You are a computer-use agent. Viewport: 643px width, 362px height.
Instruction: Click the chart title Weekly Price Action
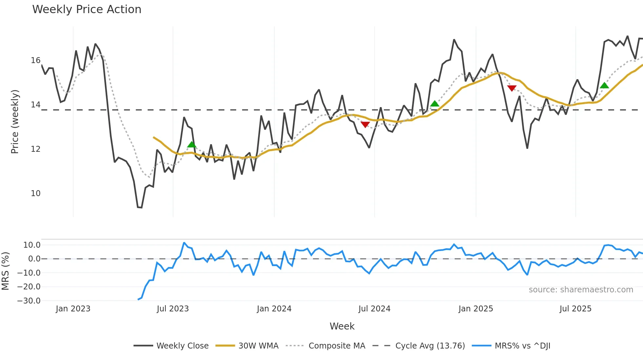click(87, 10)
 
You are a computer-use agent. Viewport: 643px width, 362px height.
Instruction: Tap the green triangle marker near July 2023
click(192, 145)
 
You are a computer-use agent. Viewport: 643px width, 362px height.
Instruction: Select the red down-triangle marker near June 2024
click(365, 124)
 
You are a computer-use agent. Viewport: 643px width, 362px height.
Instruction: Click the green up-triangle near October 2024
click(435, 104)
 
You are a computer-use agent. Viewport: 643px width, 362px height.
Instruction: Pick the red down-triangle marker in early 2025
click(512, 88)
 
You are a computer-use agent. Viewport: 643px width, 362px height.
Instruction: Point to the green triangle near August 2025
click(604, 86)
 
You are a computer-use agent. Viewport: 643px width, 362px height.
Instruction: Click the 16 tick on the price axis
click(35, 60)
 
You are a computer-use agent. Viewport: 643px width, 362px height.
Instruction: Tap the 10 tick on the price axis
click(35, 193)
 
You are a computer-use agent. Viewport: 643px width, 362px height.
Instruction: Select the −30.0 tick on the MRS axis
click(29, 301)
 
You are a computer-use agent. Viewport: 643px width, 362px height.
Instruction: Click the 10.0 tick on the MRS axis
click(32, 245)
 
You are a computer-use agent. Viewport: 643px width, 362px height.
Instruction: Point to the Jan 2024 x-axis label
click(274, 309)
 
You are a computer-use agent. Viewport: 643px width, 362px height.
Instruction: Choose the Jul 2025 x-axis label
click(575, 309)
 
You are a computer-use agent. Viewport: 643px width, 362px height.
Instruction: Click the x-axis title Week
click(342, 326)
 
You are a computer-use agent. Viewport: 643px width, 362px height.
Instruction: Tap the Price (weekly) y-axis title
click(15, 122)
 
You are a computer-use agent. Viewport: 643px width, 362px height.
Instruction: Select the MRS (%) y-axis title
click(5, 271)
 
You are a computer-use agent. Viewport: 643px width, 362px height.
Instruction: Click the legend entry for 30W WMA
click(258, 346)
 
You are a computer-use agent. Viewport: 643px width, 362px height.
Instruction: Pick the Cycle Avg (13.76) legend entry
click(430, 346)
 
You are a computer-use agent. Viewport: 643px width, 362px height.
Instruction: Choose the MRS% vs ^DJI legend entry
click(522, 346)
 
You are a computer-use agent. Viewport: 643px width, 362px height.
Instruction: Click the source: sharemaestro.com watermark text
click(581, 290)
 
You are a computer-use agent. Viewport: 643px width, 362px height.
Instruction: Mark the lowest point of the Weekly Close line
click(140, 207)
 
